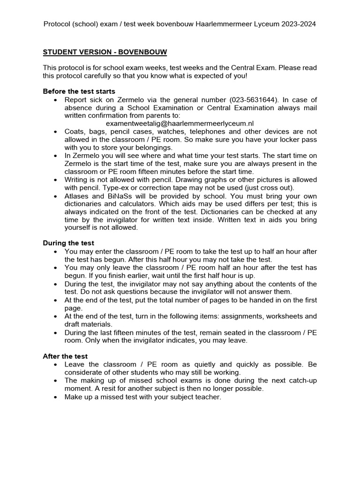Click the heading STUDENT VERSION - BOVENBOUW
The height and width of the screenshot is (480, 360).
click(105, 52)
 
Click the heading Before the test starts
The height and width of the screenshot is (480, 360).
click(79, 91)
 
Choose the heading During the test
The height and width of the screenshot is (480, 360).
click(68, 243)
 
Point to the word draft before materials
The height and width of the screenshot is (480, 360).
click(74, 324)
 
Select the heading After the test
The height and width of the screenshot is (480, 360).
click(65, 356)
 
